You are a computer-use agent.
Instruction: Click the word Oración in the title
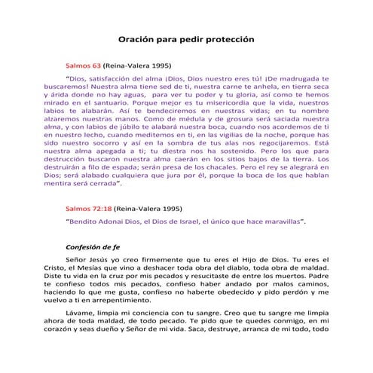click(140, 39)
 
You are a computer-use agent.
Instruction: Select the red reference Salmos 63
click(84, 66)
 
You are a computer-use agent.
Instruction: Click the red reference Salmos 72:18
click(89, 207)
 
